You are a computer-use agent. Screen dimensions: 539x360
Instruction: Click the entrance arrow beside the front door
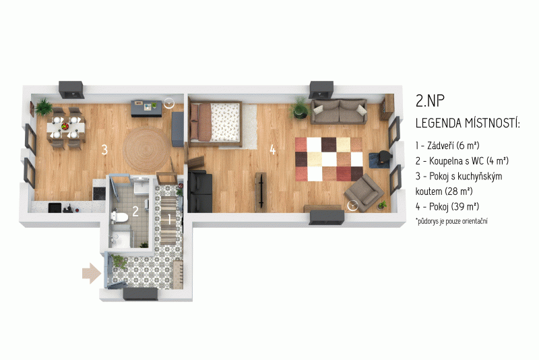click(92, 273)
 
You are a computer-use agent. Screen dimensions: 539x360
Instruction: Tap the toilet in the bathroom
click(119, 216)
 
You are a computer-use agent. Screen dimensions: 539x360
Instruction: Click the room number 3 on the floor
click(104, 150)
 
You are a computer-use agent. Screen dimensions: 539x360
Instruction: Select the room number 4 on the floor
click(273, 150)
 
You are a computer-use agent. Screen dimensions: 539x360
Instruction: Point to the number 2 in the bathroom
click(135, 211)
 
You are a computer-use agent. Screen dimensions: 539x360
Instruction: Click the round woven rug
click(147, 150)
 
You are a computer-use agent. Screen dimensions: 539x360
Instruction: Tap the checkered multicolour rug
click(329, 159)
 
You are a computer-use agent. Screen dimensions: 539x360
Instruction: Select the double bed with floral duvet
click(215, 122)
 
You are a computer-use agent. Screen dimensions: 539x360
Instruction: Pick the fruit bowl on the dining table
click(65, 127)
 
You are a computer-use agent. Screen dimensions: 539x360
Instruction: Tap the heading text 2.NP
click(430, 100)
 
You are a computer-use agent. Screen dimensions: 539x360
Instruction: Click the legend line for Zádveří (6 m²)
click(447, 146)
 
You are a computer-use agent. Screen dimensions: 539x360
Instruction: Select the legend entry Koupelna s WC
click(462, 160)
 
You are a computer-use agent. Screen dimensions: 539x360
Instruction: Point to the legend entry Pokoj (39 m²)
click(447, 206)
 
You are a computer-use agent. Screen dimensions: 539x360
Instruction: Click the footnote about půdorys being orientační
click(451, 221)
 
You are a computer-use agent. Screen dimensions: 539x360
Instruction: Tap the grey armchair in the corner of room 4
click(364, 192)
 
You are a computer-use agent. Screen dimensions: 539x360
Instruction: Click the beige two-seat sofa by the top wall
click(339, 111)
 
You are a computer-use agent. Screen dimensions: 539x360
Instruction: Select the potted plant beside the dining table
click(44, 107)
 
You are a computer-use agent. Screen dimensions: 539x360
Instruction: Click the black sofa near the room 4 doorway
click(200, 191)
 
